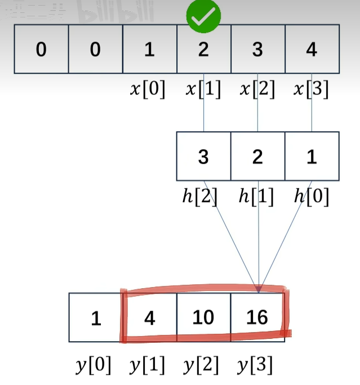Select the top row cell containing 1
coord(149,50)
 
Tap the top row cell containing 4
coord(312,50)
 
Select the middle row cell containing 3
coord(203,156)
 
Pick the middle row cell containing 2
coord(257,156)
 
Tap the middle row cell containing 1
coord(312,156)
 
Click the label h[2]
coord(200,197)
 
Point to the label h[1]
coord(256,197)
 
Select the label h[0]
coord(311,197)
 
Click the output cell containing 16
coord(257,317)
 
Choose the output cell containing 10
coord(203,317)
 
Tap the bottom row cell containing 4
coord(149,317)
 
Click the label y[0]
coord(94,366)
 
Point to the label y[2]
coord(202,366)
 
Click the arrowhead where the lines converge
coord(258,289)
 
